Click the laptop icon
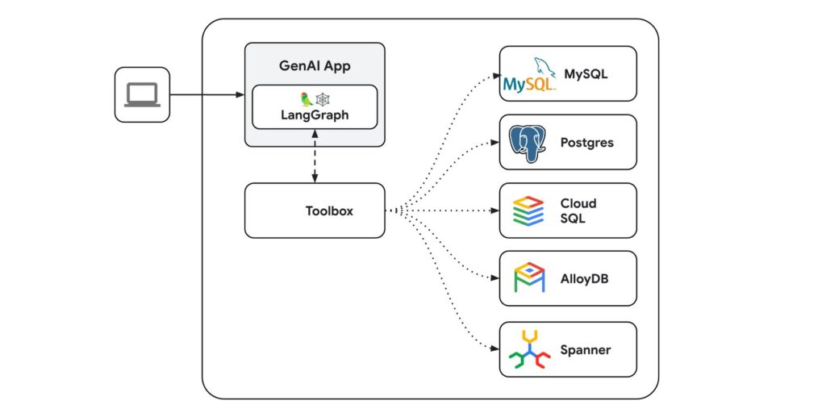(x=142, y=95)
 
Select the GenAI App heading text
(x=315, y=66)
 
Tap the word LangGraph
(x=315, y=115)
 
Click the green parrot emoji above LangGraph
(x=307, y=99)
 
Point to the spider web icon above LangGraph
(x=323, y=99)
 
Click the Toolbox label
(x=329, y=211)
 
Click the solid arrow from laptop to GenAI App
(x=206, y=95)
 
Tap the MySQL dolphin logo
(x=529, y=75)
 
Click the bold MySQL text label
(x=586, y=74)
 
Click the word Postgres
(x=586, y=143)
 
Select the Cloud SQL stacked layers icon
(x=529, y=211)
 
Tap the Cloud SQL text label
(x=578, y=211)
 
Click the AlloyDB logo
(x=529, y=278)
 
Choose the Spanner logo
(x=529, y=349)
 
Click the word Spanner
(x=586, y=350)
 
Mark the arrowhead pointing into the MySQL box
(x=495, y=77)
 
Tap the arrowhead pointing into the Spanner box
(x=495, y=349)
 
